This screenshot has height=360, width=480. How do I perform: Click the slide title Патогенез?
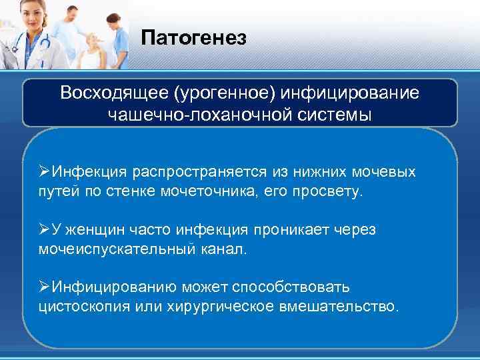193,38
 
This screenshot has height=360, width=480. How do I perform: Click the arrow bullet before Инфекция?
45,172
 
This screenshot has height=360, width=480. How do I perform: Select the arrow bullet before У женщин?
45,229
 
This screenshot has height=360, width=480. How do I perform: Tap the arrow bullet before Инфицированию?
45,287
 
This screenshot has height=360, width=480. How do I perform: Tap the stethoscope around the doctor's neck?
37,47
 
